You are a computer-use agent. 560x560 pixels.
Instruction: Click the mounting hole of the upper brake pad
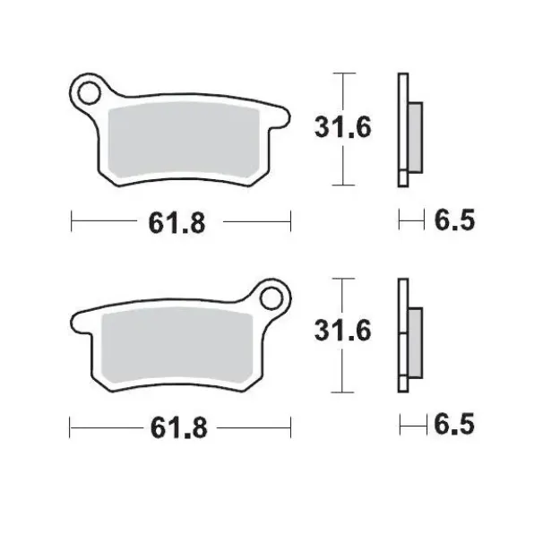[x=88, y=91]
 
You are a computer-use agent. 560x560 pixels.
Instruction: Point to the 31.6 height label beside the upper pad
[x=341, y=128]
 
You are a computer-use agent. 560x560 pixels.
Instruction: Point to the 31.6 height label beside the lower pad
[x=341, y=332]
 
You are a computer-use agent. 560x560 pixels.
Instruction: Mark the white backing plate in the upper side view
[x=402, y=129]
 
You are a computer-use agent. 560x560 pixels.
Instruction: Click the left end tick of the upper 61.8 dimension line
[x=71, y=219]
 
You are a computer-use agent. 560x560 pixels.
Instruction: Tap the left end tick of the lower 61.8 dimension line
[x=71, y=425]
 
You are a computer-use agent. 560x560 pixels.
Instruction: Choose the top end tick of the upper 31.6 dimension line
[x=341, y=73]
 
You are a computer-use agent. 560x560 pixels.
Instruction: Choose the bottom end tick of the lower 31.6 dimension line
[x=341, y=392]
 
